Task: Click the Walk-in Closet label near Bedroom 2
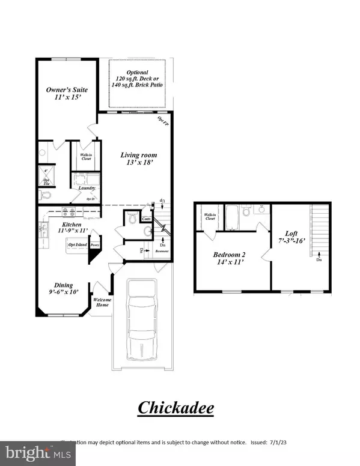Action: click(210, 217)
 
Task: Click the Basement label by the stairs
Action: click(160, 251)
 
